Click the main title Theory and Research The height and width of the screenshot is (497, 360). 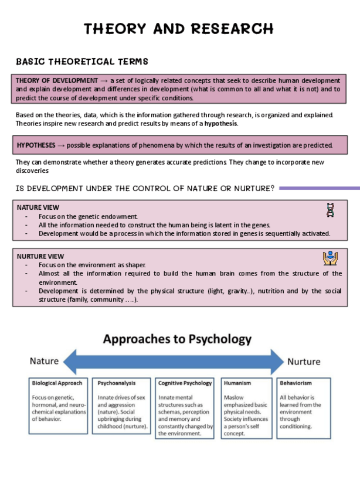point(179,29)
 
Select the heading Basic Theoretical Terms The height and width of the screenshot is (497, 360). point(82,61)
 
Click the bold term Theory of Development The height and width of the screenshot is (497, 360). point(57,80)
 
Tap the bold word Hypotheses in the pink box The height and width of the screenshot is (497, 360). point(36,145)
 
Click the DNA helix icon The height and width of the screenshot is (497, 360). point(331,210)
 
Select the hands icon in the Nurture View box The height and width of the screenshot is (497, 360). point(330,258)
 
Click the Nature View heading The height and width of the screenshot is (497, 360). point(38,207)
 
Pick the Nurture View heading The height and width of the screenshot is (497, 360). point(40,257)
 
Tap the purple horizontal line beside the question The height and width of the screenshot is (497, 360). point(320,188)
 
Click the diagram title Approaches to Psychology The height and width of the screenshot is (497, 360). point(177,339)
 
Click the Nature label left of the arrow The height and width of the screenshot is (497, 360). point(44,361)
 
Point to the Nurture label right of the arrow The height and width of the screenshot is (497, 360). point(303,361)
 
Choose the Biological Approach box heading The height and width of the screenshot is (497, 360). point(57,383)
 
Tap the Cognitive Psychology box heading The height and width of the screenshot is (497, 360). point(185,383)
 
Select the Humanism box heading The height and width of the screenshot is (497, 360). point(237,383)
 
